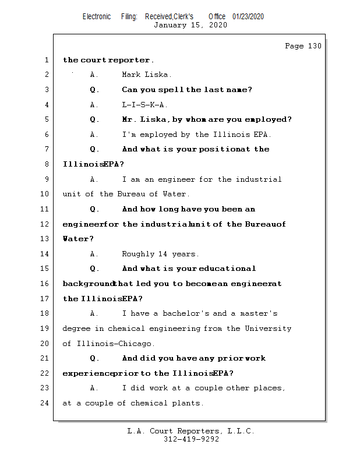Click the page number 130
[314, 46]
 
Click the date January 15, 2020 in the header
[190, 25]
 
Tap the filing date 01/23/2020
[248, 16]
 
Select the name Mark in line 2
[132, 75]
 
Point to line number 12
[45, 224]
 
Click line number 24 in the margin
[45, 403]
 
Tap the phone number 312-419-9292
[191, 440]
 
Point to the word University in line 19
[268, 329]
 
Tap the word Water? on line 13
[78, 239]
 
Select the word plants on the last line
[186, 403]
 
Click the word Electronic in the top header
[97, 16]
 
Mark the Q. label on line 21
[95, 358]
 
